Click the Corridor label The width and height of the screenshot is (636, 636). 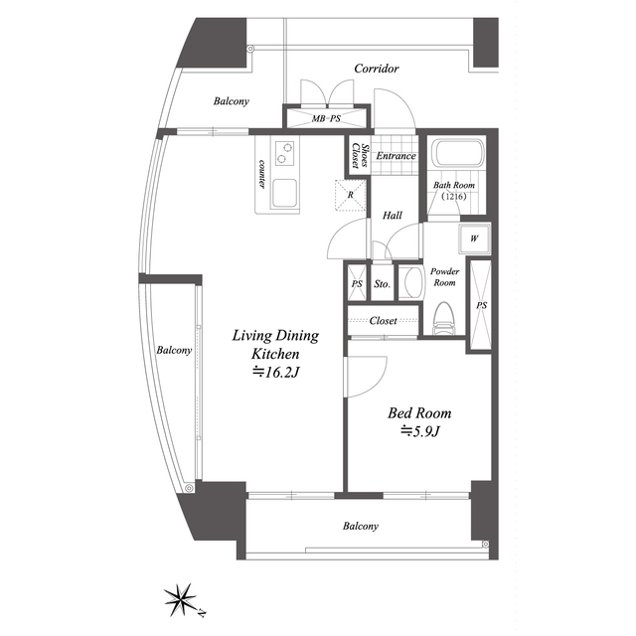click(x=377, y=69)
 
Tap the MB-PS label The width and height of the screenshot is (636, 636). click(x=326, y=119)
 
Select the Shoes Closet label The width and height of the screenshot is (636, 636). click(x=360, y=156)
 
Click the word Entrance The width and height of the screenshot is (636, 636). click(x=396, y=156)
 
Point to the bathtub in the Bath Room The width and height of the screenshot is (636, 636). click(x=457, y=153)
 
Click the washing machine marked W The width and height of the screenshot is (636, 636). click(x=474, y=238)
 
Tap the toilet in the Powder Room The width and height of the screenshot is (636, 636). click(x=444, y=318)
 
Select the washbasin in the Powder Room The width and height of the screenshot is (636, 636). click(x=409, y=282)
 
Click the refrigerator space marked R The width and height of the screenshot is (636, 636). click(x=351, y=195)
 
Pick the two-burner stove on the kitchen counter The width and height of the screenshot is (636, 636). click(x=285, y=153)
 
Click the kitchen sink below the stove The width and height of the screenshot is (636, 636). click(x=284, y=193)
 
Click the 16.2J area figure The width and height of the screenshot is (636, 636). click(x=276, y=372)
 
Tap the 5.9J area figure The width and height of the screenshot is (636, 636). click(x=419, y=431)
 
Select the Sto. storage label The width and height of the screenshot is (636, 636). click(x=382, y=284)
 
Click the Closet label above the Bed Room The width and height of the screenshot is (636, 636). click(x=383, y=321)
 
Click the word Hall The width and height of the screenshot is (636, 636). click(x=393, y=216)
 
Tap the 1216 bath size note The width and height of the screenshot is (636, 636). click(x=454, y=197)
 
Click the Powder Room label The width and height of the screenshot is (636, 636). click(x=444, y=277)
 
